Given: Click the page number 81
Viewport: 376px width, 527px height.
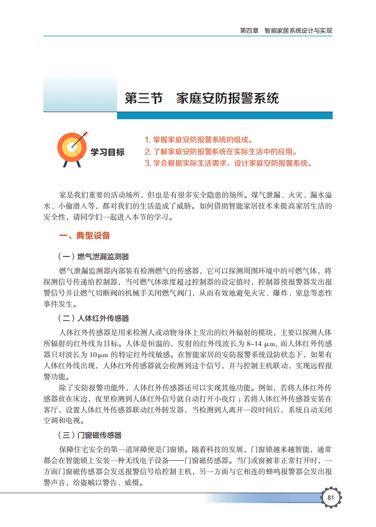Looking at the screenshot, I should [x=330, y=498].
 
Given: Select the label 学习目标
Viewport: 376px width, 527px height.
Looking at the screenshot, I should [x=107, y=152].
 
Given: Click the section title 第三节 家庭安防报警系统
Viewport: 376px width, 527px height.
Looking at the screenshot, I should [x=202, y=98].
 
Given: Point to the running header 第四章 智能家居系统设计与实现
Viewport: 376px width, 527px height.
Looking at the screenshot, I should [x=286, y=31].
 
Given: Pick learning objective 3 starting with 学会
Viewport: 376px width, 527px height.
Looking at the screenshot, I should [x=228, y=163].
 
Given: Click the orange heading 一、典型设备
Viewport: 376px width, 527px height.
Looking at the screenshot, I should [x=84, y=236].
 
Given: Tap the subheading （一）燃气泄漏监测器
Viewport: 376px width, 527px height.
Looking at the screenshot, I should [x=93, y=256].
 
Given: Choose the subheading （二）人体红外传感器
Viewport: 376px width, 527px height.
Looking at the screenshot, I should [x=93, y=319].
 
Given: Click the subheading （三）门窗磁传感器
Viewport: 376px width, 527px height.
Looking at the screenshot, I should [x=89, y=435].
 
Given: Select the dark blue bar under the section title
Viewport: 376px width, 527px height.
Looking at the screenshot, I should [x=224, y=116].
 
